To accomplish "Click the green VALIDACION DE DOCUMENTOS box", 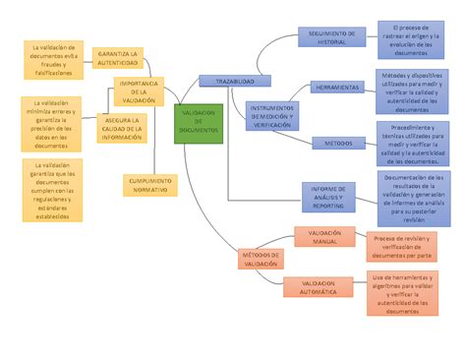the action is pyautogui.click(x=198, y=122).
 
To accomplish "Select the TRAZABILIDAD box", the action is pyautogui.click(x=228, y=81).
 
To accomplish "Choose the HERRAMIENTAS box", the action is pyautogui.click(x=338, y=88).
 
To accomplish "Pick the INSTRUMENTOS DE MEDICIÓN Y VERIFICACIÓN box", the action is pyautogui.click(x=278, y=115).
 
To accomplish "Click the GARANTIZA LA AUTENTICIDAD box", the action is pyautogui.click(x=117, y=57).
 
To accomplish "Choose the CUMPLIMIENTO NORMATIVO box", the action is pyautogui.click(x=150, y=185).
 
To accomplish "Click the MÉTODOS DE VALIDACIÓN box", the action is pyautogui.click(x=261, y=259).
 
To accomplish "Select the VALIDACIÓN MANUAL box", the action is pyautogui.click(x=325, y=237).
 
